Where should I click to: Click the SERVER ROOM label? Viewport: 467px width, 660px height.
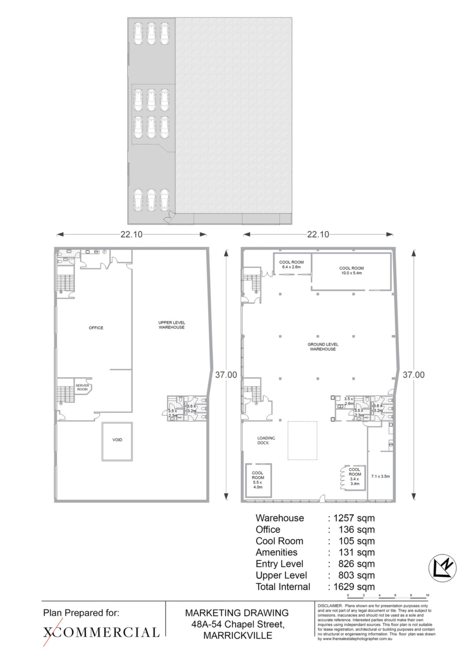point(82,387)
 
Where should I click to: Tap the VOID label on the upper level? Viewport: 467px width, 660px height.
point(117,440)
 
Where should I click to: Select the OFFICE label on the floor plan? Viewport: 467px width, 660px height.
point(96,328)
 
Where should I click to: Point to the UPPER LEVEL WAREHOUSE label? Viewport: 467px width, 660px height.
point(172,325)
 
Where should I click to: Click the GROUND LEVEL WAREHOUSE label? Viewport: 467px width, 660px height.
point(323,346)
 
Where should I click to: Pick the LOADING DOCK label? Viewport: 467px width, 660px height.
point(266,440)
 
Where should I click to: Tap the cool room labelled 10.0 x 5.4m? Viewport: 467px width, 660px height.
point(351,271)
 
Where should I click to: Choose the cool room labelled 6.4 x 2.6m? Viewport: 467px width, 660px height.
point(291,264)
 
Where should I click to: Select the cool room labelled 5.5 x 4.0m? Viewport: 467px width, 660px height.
point(258,480)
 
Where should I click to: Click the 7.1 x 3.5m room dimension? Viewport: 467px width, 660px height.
point(380,476)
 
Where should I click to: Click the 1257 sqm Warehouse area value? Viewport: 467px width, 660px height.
point(354,518)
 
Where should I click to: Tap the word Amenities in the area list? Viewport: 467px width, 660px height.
point(276,552)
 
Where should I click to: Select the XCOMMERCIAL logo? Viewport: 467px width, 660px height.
point(101,632)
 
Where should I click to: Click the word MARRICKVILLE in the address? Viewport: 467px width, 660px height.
point(238,635)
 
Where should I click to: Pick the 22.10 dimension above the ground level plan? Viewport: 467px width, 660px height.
point(318,234)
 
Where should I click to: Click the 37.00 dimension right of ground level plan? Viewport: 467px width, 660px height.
point(414,375)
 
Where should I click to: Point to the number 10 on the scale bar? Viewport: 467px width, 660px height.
point(427,595)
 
